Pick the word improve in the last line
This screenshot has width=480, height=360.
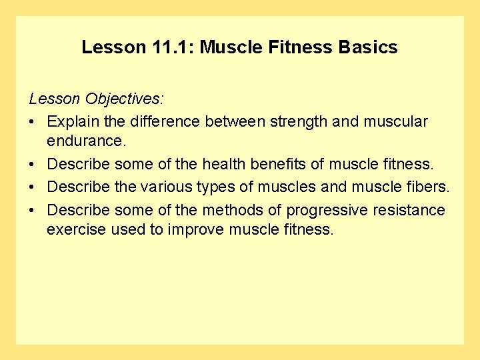click(199, 230)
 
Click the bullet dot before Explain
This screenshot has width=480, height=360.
click(33, 122)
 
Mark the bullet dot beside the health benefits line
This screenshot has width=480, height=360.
click(33, 165)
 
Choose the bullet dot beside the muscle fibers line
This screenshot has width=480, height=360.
click(33, 187)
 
